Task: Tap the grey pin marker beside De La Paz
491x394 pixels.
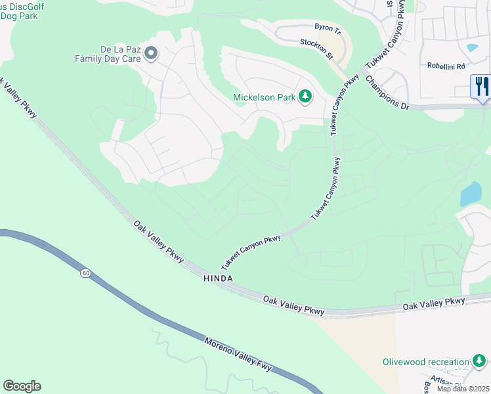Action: point(152,53)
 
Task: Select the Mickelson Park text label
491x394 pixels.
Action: point(265,98)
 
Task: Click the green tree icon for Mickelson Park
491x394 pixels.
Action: point(305,97)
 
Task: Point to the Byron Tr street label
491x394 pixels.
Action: point(328,30)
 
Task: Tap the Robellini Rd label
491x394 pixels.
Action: point(446,66)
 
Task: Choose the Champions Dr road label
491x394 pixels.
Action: point(387,92)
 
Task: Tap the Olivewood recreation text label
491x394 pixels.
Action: point(426,362)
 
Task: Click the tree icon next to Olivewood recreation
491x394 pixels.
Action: point(480,361)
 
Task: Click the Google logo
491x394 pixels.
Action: point(22,386)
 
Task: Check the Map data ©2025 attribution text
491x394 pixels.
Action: point(463,389)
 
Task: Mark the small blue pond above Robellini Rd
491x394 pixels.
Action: point(471,48)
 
